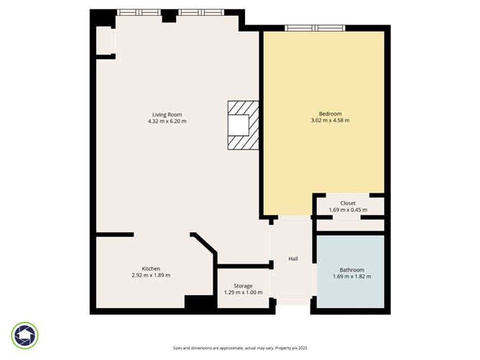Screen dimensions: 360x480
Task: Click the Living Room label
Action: pyautogui.click(x=167, y=114)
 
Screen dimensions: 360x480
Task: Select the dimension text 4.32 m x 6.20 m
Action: pyautogui.click(x=167, y=121)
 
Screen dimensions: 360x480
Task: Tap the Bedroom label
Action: pyautogui.click(x=330, y=114)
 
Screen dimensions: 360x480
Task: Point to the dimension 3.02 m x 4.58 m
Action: pyautogui.click(x=330, y=121)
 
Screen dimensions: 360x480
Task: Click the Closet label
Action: pyautogui.click(x=348, y=203)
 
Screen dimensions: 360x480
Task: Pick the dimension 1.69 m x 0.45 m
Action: pyautogui.click(x=348, y=211)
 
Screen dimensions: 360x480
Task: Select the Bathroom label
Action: pyautogui.click(x=351, y=269)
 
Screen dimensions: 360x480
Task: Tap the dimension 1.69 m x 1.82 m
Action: pyautogui.click(x=351, y=277)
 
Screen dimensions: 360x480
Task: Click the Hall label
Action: pyautogui.click(x=293, y=259)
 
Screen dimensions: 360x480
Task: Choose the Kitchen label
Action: pyautogui.click(x=151, y=268)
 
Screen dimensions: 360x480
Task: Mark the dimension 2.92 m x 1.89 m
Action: pyautogui.click(x=151, y=275)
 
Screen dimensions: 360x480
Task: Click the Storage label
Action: pyautogui.click(x=243, y=286)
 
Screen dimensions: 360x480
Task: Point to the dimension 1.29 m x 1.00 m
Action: pyautogui.click(x=243, y=293)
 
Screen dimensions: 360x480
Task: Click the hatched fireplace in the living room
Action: pyautogui.click(x=243, y=126)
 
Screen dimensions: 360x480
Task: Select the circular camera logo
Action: pyautogui.click(x=26, y=336)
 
